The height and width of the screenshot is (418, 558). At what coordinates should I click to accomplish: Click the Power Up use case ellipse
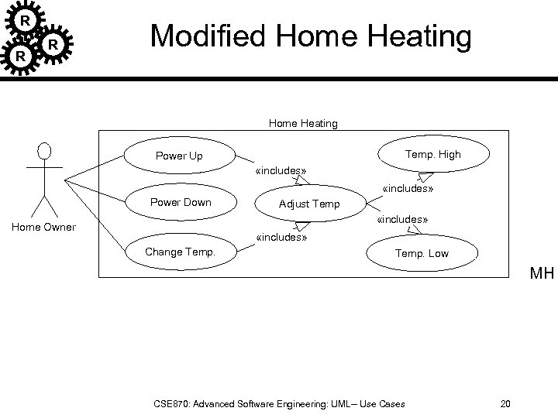[179, 156]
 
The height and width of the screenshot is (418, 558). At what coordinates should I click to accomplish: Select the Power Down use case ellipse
[180, 203]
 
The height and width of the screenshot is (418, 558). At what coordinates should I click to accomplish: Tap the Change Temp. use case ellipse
[180, 252]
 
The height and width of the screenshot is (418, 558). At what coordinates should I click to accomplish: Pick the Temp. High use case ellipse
[432, 154]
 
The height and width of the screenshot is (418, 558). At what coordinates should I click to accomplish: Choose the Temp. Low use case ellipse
[422, 253]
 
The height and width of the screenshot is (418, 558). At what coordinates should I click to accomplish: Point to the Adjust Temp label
[309, 204]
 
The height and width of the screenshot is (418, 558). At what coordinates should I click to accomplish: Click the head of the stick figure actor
[45, 151]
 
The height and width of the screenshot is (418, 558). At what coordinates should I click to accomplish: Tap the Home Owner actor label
[44, 227]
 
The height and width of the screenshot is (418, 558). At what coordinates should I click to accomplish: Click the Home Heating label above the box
[303, 123]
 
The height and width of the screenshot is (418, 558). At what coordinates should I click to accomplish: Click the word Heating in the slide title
[417, 36]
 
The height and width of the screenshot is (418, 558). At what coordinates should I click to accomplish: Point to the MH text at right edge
[542, 273]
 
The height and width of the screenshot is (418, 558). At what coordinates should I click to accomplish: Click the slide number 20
[505, 403]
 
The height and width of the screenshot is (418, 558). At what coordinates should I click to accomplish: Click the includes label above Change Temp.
[281, 238]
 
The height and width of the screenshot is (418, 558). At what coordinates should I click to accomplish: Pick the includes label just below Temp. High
[408, 188]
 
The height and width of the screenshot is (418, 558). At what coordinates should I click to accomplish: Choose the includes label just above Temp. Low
[402, 221]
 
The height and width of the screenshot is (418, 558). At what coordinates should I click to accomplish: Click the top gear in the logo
[26, 19]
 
